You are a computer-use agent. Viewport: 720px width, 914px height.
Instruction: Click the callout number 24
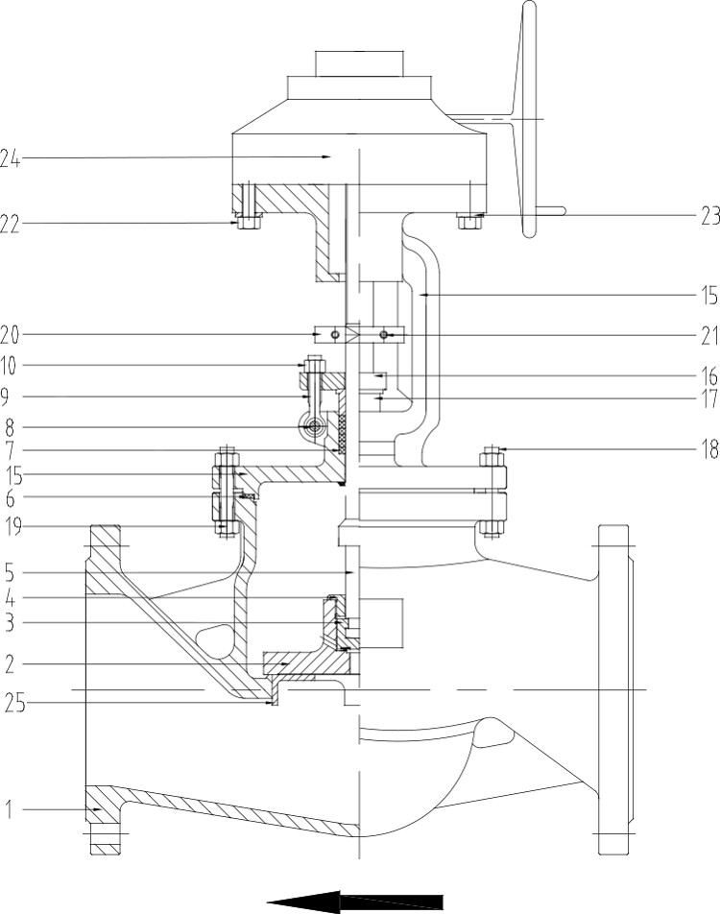pos(10,158)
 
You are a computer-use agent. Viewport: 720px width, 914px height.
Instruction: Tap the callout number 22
pos(10,225)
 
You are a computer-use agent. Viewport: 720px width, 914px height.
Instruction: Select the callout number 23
pos(709,216)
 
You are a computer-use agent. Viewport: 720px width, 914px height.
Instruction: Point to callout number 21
pos(708,336)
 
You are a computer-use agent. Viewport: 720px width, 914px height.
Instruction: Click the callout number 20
pos(10,335)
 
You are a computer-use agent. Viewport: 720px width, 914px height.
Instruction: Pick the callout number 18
pos(708,450)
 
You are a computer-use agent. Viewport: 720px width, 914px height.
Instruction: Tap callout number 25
pos(14,704)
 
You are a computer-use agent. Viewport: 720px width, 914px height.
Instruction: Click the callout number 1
pos(9,809)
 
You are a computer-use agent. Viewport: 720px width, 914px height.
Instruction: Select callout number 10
pos(9,366)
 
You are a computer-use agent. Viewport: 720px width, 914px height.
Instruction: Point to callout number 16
pos(708,376)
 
